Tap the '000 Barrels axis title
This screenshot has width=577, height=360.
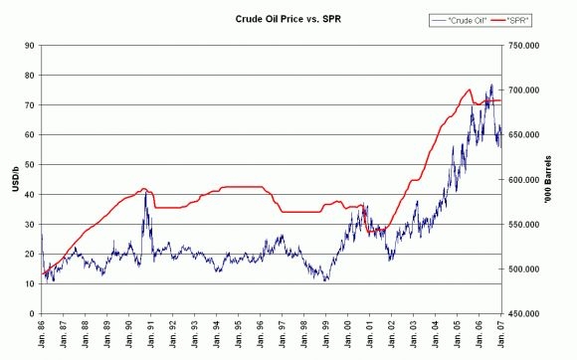[562, 179]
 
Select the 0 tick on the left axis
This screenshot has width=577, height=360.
[31, 313]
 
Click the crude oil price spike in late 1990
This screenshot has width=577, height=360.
[145, 192]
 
